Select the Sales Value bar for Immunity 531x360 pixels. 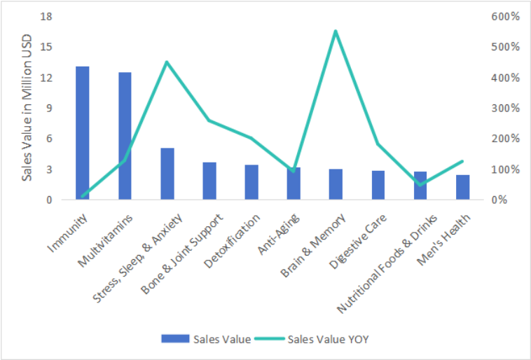click(x=83, y=133)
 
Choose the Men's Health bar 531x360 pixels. click(x=462, y=187)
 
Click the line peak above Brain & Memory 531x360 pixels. click(x=336, y=32)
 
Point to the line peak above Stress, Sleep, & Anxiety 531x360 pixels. click(x=167, y=62)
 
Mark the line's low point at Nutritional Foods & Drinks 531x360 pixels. click(x=420, y=184)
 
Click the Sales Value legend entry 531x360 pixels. click(x=206, y=339)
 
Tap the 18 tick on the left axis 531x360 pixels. click(x=47, y=16)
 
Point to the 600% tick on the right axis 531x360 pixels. click(x=504, y=16)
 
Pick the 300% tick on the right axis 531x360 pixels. click(x=504, y=108)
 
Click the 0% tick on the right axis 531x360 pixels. click(x=499, y=200)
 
